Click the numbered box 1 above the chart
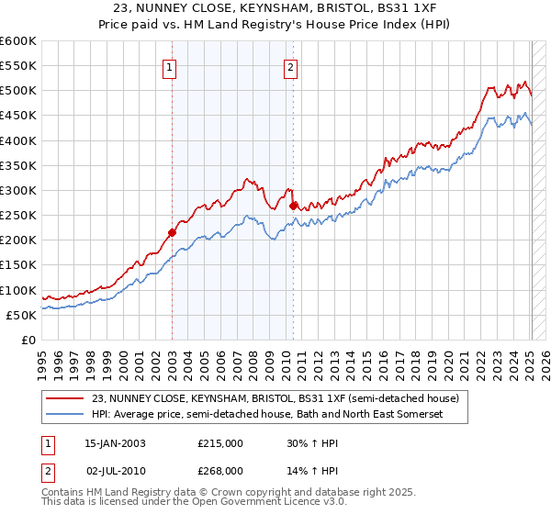click(172, 66)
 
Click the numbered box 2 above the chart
click(290, 66)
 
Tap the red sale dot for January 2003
click(172, 233)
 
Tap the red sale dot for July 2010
click(293, 207)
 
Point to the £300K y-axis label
click(19, 190)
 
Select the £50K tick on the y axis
click(22, 315)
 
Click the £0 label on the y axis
click(29, 340)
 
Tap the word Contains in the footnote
click(62, 492)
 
